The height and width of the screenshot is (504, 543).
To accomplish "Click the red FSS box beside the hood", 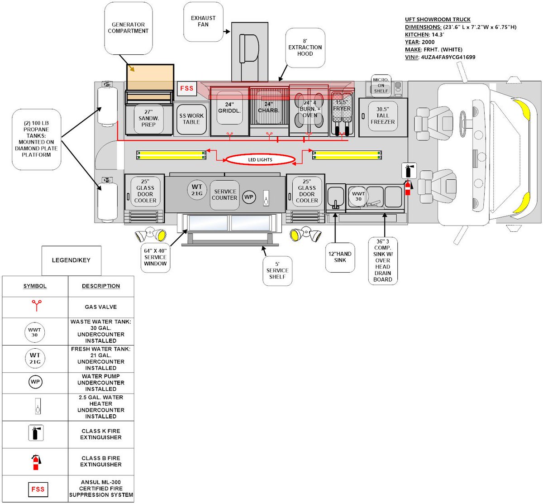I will (186, 88).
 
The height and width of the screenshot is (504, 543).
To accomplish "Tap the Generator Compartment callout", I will (128, 28).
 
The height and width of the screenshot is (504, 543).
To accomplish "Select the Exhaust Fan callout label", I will (203, 21).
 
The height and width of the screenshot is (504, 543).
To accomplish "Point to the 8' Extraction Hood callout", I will (305, 47).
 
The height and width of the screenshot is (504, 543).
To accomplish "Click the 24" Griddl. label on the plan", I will (229, 108).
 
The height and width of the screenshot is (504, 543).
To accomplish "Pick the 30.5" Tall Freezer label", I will (382, 115).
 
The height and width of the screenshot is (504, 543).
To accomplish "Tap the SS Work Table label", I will (191, 119).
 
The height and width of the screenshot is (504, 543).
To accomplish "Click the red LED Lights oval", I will (260, 159).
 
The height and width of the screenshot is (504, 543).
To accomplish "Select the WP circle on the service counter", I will (249, 197).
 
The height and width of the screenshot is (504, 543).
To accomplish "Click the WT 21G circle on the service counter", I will (197, 190).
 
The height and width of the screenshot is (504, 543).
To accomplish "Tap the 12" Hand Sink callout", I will (340, 257).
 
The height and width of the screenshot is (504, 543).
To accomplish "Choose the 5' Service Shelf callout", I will (277, 270).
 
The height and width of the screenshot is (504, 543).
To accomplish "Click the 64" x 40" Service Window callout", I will (155, 257).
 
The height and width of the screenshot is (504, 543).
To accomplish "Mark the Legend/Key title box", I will (71, 260).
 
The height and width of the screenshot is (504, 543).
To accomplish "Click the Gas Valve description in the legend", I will (101, 307).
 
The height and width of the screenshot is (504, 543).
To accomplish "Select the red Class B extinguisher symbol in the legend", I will (36, 462).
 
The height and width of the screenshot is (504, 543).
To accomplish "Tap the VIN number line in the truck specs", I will (440, 58).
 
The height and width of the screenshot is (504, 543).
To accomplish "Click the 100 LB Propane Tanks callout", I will (36, 139).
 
